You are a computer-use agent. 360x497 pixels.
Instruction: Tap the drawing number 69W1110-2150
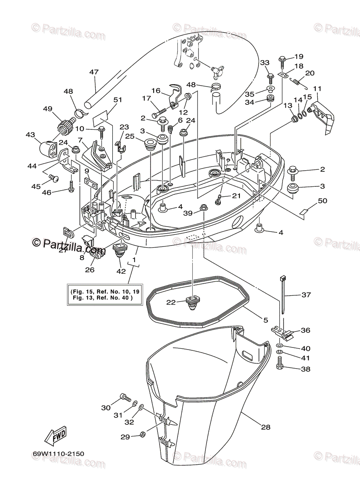pos(58,454)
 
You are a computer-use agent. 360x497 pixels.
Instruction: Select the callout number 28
pos(266,427)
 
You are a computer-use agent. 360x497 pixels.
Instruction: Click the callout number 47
pos(94,72)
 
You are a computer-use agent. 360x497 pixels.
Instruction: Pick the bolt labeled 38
pos(279,366)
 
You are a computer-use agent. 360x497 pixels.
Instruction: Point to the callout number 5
pos(265,320)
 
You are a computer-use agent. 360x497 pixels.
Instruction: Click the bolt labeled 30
pos(124,398)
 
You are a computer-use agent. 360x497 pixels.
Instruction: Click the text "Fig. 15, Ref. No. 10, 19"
pos(106,292)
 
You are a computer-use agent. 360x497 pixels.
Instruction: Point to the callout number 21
pos(236,195)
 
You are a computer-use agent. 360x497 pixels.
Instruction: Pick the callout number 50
pos(322,201)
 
